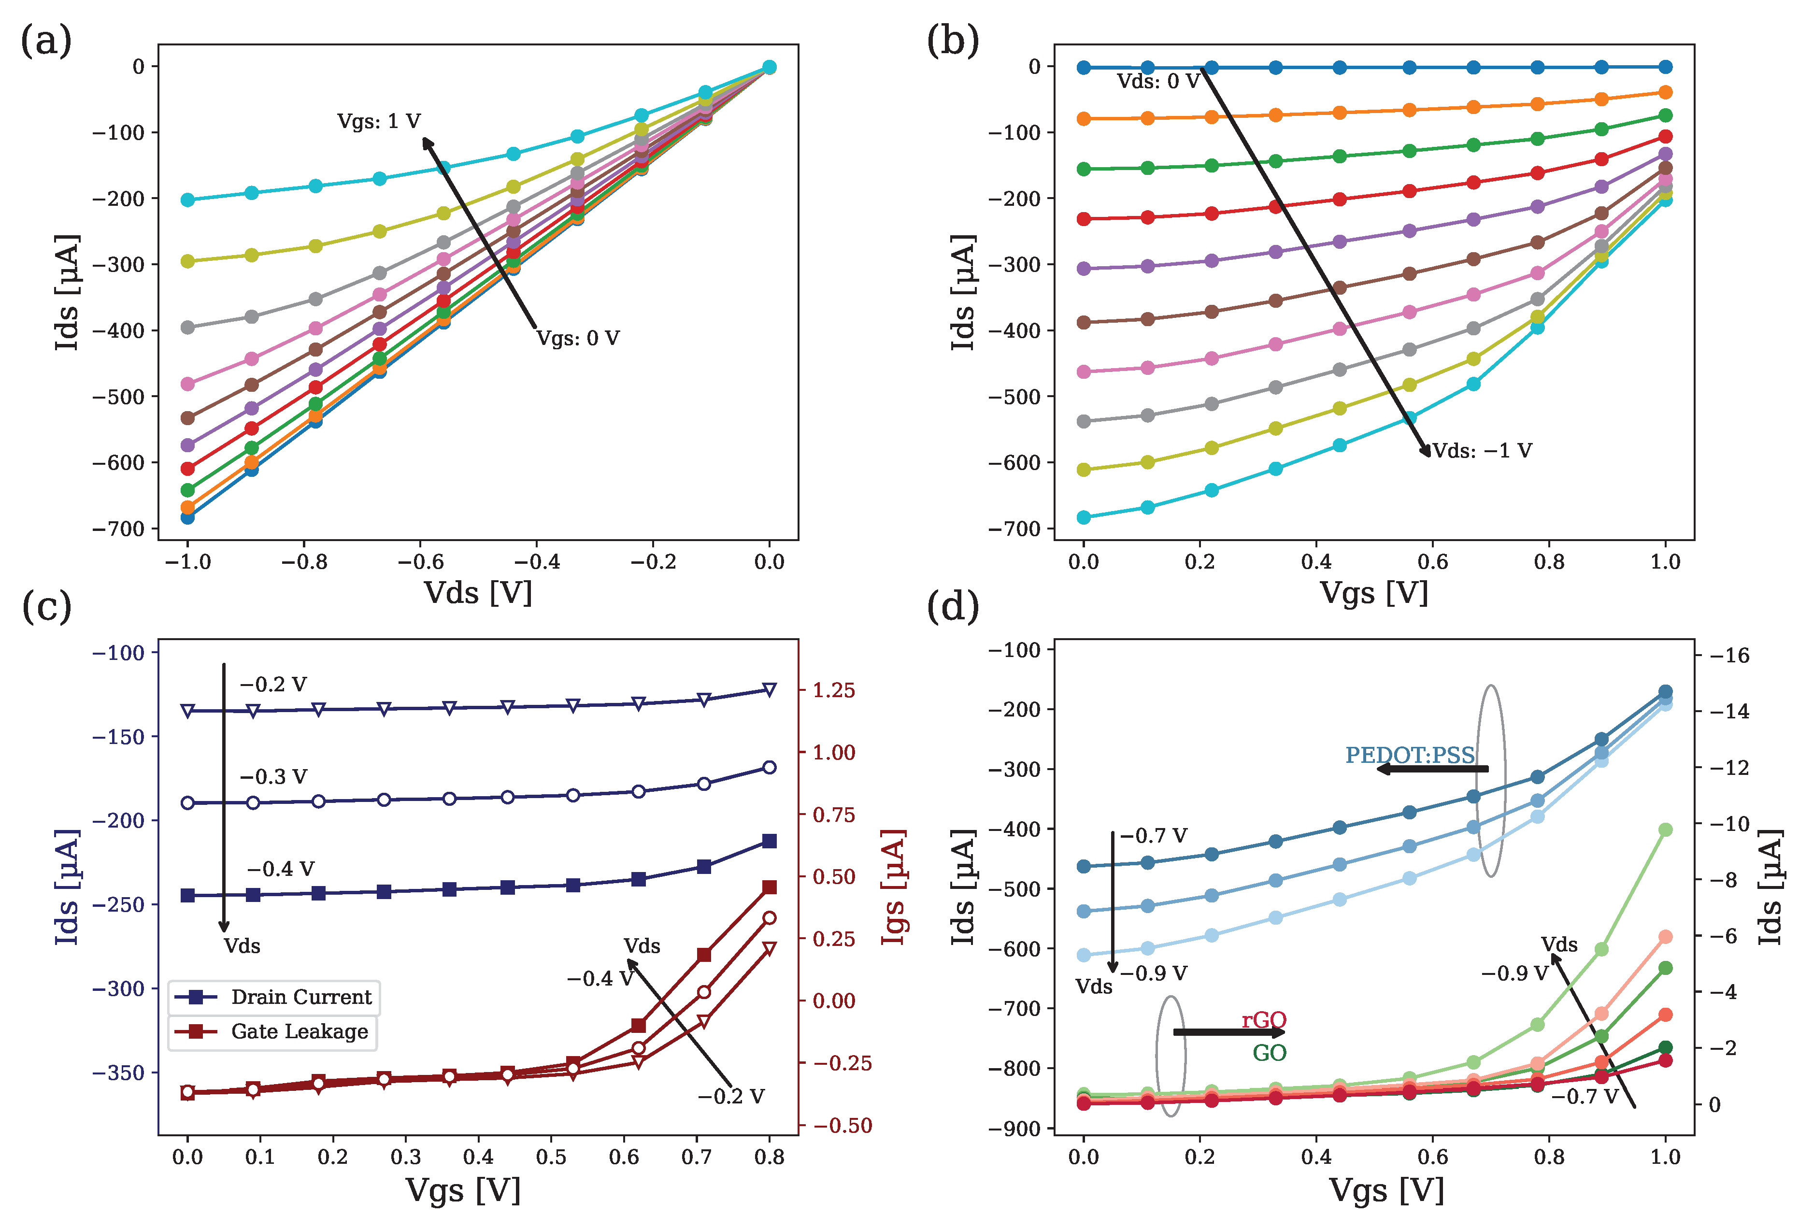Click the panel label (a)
(x=46, y=40)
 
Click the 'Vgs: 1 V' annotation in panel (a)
(x=379, y=122)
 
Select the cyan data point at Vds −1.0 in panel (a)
(x=187, y=200)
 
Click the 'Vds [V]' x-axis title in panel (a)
(x=478, y=593)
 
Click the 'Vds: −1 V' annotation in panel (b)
(x=1482, y=451)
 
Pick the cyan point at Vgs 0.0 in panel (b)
(x=1084, y=517)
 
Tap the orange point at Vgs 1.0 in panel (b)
(x=1665, y=93)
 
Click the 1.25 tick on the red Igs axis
(x=834, y=690)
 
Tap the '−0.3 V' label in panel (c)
(x=273, y=776)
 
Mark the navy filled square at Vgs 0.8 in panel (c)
(x=770, y=841)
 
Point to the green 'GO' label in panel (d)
(x=1270, y=1053)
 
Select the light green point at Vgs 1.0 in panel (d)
(x=1665, y=830)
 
